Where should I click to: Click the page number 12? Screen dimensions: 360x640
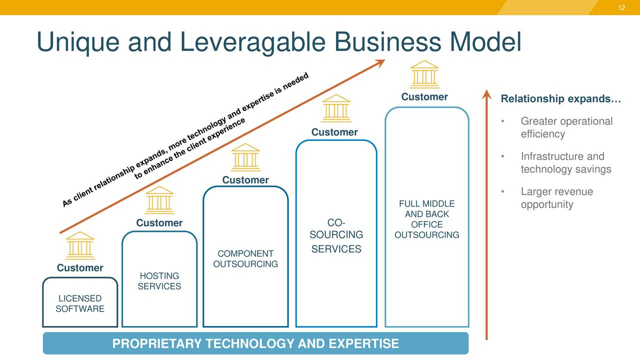[621, 7]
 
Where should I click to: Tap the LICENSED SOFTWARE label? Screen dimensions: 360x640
[80, 304]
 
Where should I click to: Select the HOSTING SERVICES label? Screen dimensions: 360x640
[159, 281]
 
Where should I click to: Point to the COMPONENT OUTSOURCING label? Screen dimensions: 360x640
[245, 259]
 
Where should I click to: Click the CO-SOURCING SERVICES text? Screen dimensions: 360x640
[336, 235]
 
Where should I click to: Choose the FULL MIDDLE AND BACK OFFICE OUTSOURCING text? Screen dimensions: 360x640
[426, 219]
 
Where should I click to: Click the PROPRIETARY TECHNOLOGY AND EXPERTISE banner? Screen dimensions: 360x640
[255, 343]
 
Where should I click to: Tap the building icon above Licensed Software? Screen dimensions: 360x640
[80, 245]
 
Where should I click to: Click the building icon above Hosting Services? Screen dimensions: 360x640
[159, 200]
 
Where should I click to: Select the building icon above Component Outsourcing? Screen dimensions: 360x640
[245, 157]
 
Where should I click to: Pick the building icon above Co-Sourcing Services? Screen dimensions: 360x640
[336, 108]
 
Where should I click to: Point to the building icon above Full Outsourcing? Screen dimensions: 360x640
[424, 74]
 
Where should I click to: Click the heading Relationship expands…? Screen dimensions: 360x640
[560, 99]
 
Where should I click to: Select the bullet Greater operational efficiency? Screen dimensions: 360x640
[566, 127]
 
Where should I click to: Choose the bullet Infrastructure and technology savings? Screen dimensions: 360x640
[565, 162]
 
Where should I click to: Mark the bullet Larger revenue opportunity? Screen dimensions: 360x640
[556, 198]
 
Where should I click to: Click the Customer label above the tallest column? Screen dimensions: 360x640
[424, 96]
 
